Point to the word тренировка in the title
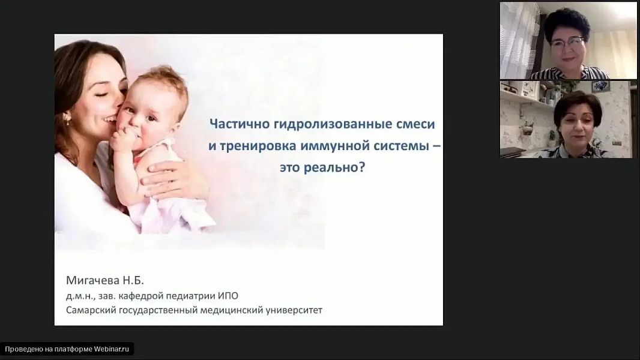click(x=258, y=146)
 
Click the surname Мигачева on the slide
click(x=92, y=280)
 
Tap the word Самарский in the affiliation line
click(x=91, y=310)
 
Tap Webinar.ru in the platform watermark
click(x=112, y=349)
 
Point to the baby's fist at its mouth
click(x=122, y=139)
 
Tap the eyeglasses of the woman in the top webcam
click(x=567, y=41)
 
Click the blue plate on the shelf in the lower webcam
click(x=600, y=85)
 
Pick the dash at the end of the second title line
click(x=436, y=146)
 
